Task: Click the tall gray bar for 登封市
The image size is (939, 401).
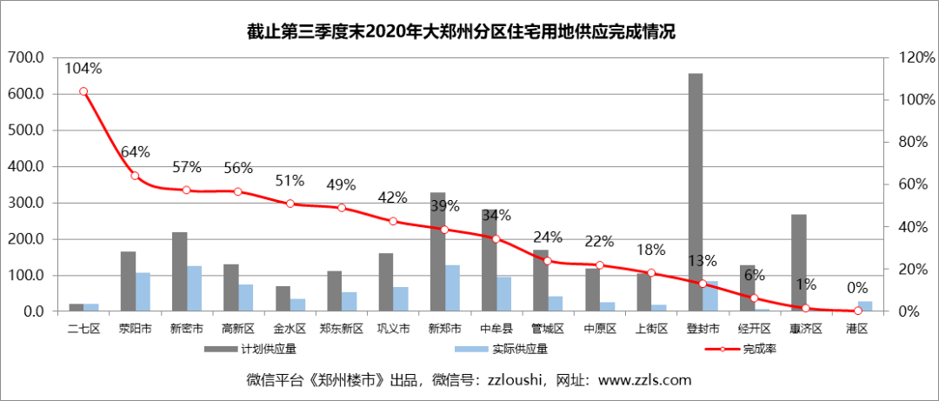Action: click(x=696, y=191)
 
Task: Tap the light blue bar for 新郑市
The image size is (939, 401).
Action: click(x=453, y=288)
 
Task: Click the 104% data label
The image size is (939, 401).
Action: click(x=83, y=68)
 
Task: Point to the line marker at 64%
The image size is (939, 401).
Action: click(x=135, y=176)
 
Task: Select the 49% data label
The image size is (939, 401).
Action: click(x=341, y=184)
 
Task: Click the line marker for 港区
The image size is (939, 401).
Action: click(x=858, y=311)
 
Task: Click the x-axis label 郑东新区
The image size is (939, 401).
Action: click(x=341, y=329)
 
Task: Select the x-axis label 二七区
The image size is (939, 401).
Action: click(x=83, y=329)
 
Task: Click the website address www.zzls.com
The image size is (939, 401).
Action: click(x=644, y=380)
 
